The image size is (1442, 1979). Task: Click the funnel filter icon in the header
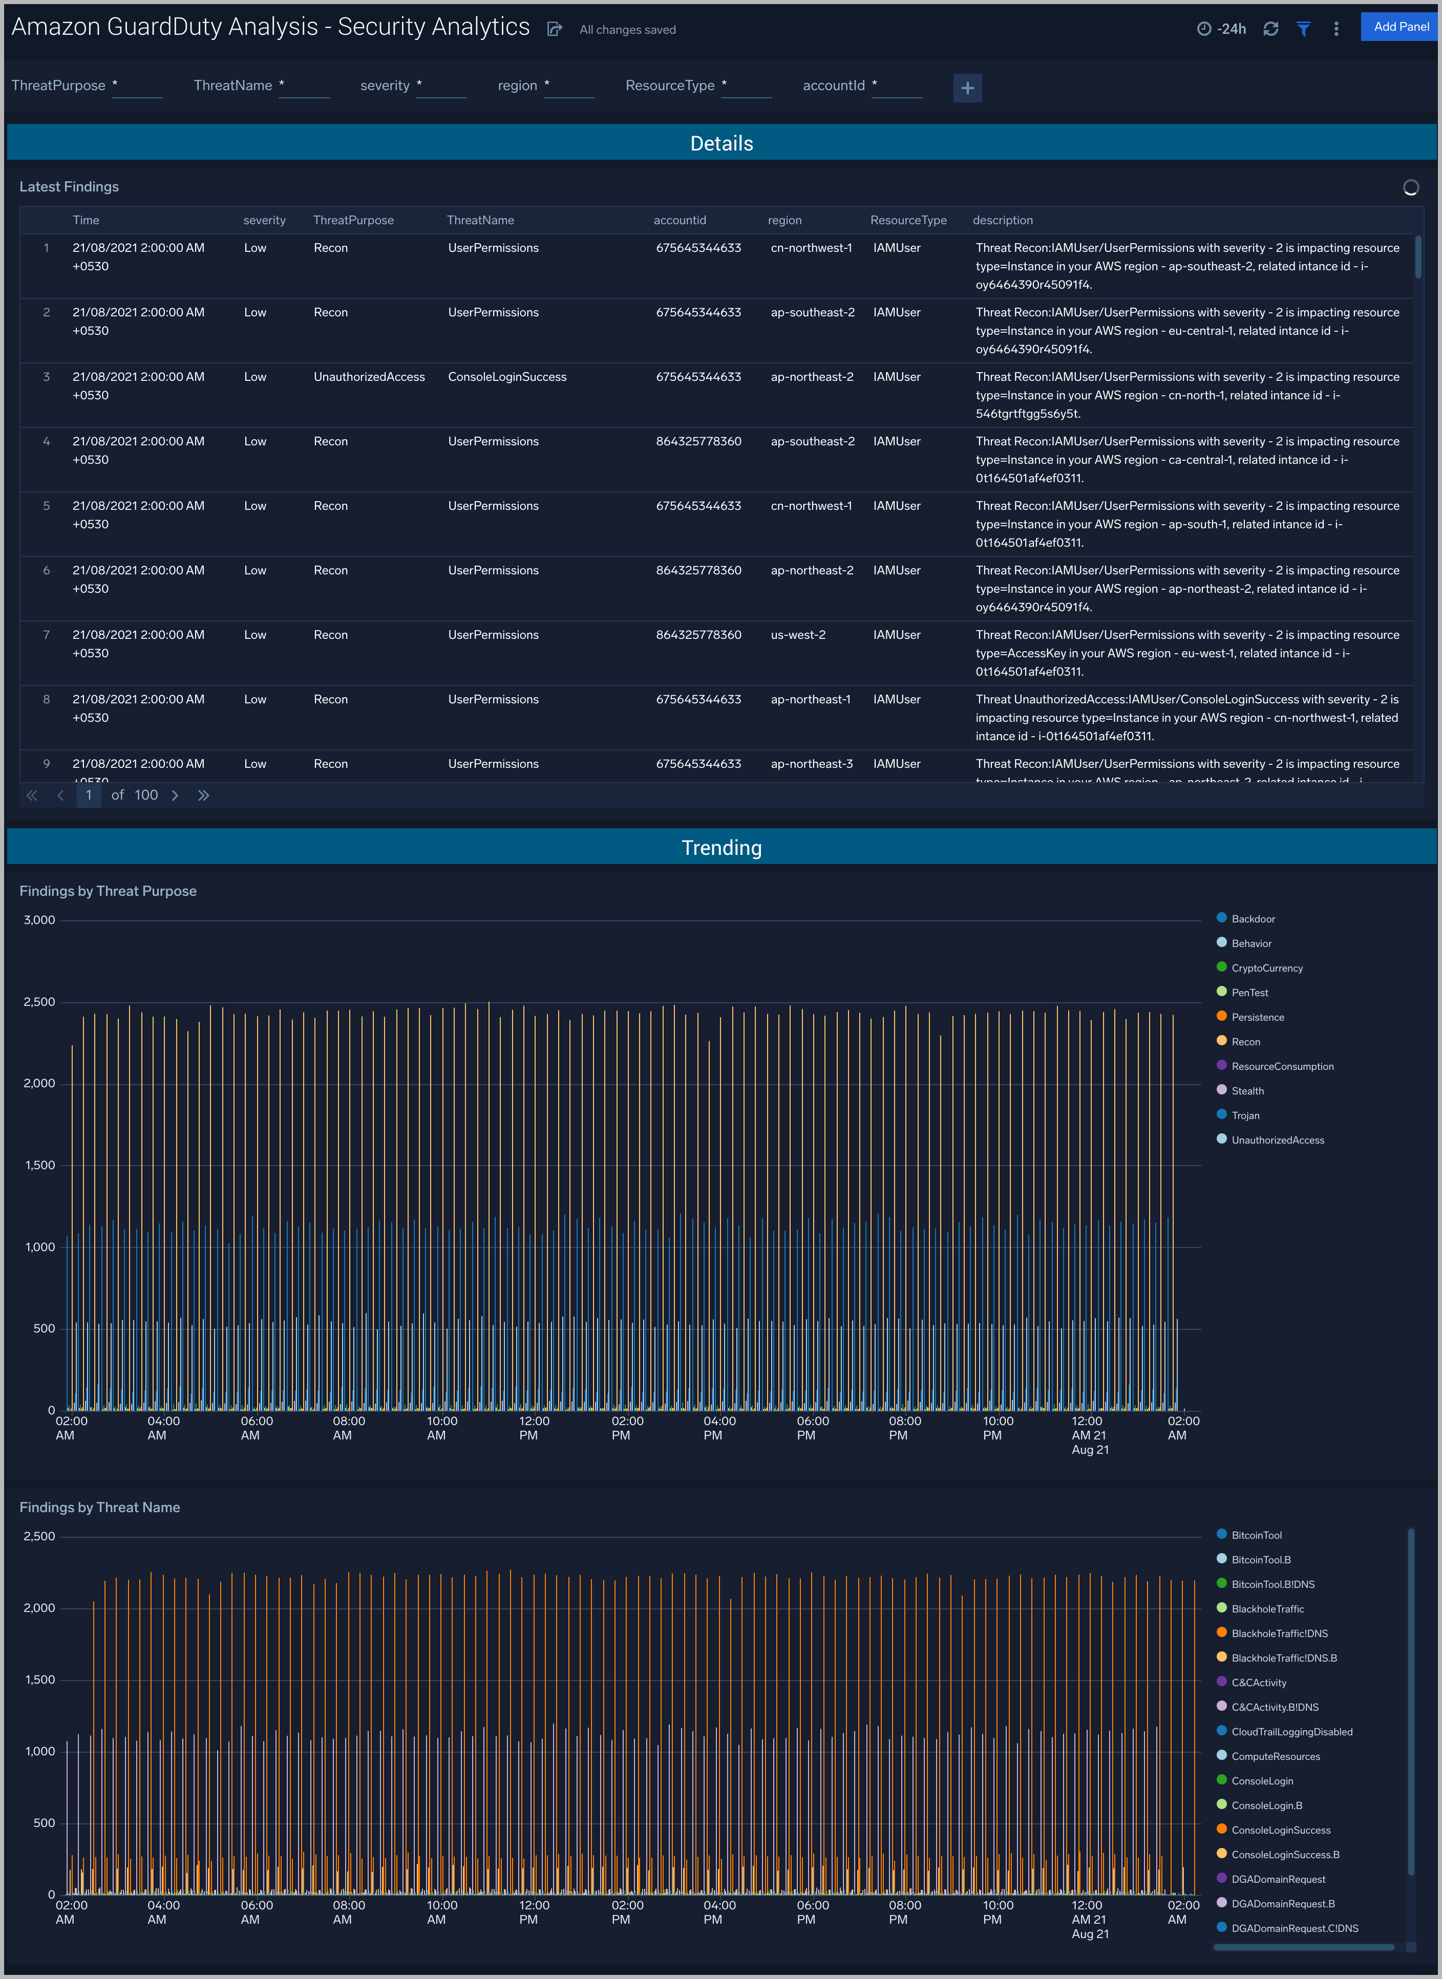[1303, 29]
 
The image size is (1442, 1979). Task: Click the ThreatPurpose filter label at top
[58, 85]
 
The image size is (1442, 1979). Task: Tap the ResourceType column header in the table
[908, 221]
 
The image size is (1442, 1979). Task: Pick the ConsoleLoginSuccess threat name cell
[507, 377]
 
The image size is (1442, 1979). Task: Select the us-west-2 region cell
[798, 635]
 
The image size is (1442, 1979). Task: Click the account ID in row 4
[698, 442]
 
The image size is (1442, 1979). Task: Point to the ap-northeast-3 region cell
[812, 764]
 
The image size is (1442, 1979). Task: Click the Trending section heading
[721, 848]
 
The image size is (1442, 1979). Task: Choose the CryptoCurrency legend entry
[1266, 969]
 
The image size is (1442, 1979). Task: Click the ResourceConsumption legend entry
[1282, 1066]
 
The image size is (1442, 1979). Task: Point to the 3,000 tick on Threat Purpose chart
[39, 920]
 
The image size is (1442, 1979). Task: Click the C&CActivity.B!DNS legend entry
[1275, 1708]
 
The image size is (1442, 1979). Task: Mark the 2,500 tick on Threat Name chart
[39, 1537]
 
